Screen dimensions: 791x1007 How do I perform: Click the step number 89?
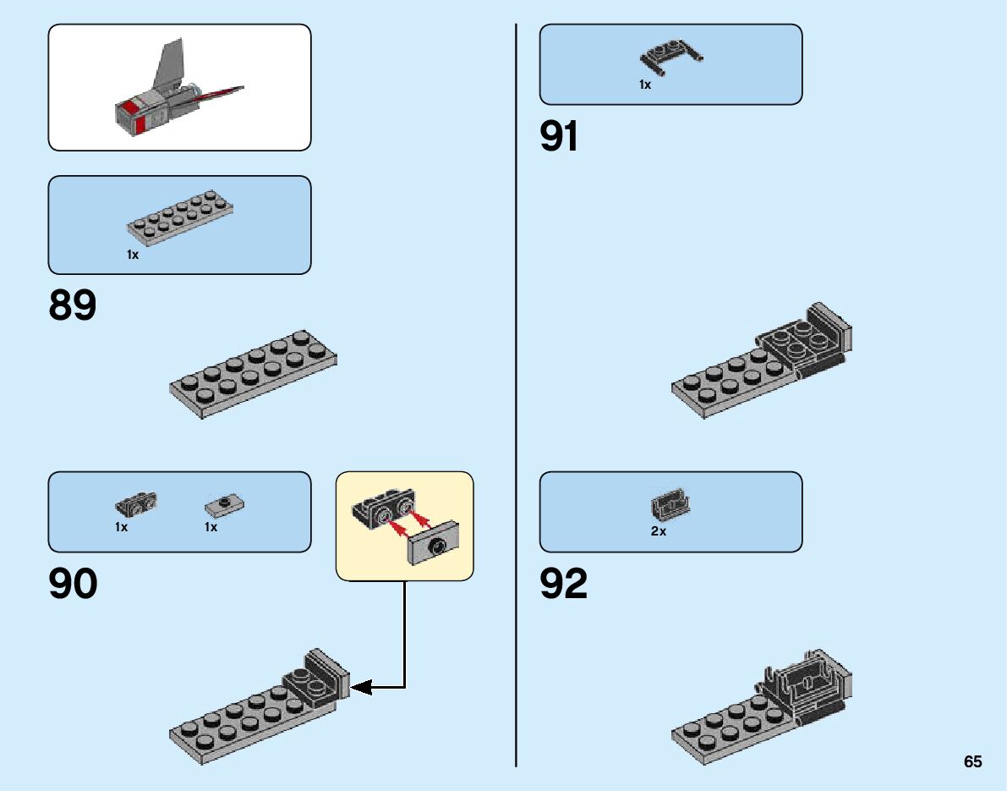tap(73, 305)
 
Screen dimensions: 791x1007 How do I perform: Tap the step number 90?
tap(73, 585)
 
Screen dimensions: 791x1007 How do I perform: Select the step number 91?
tap(560, 136)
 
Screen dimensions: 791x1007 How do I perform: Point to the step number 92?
tap(564, 585)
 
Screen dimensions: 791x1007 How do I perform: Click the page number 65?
tap(972, 761)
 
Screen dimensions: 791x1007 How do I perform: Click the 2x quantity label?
tap(659, 532)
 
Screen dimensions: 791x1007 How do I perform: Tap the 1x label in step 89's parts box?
tap(133, 254)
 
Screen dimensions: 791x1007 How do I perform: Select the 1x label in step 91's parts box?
tap(645, 85)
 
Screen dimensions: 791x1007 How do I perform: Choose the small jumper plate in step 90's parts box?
tap(225, 506)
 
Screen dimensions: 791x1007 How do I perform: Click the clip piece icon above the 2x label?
tap(669, 506)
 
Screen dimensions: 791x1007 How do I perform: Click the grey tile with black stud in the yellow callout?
tap(436, 546)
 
